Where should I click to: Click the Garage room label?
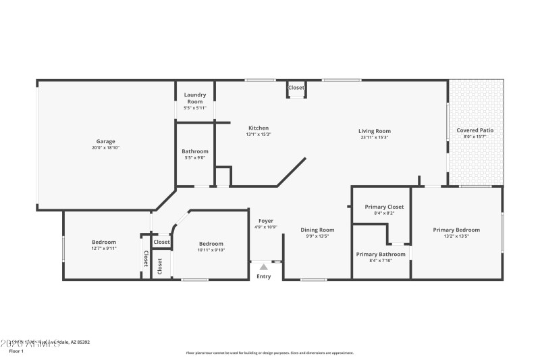[x=105, y=141]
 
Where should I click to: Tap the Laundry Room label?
[x=195, y=98]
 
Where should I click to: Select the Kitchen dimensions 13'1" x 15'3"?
[x=259, y=134]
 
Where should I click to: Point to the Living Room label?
[x=374, y=131]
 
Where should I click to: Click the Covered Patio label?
[x=475, y=130]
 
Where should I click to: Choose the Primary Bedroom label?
[x=456, y=230]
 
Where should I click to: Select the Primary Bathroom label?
[x=381, y=254]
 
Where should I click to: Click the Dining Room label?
[x=317, y=230]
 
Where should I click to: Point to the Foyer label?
[x=266, y=221]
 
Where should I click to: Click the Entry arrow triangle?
[x=263, y=267]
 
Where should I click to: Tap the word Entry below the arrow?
[x=263, y=276]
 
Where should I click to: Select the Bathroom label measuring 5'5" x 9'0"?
[x=195, y=151]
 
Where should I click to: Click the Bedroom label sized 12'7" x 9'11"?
[x=104, y=242]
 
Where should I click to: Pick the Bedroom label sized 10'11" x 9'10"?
[x=211, y=244]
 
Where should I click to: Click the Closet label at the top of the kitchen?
[x=296, y=88]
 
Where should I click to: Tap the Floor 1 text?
[x=16, y=351]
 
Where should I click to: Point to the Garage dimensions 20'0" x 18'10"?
[x=105, y=147]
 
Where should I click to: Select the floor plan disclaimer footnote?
[x=269, y=353]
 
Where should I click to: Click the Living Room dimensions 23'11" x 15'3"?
[x=374, y=137]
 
